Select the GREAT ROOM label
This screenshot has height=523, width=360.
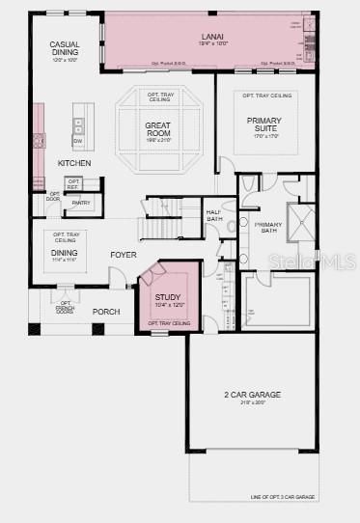tap(159, 128)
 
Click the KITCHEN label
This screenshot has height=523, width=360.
tap(73, 163)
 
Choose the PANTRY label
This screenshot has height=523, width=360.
tap(81, 203)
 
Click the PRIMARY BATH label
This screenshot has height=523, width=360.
tap(267, 228)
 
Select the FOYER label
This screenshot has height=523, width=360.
tap(123, 255)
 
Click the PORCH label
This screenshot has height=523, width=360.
tap(105, 312)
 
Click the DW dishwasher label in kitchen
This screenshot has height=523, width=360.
tap(77, 141)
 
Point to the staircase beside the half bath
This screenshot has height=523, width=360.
tap(165, 220)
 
